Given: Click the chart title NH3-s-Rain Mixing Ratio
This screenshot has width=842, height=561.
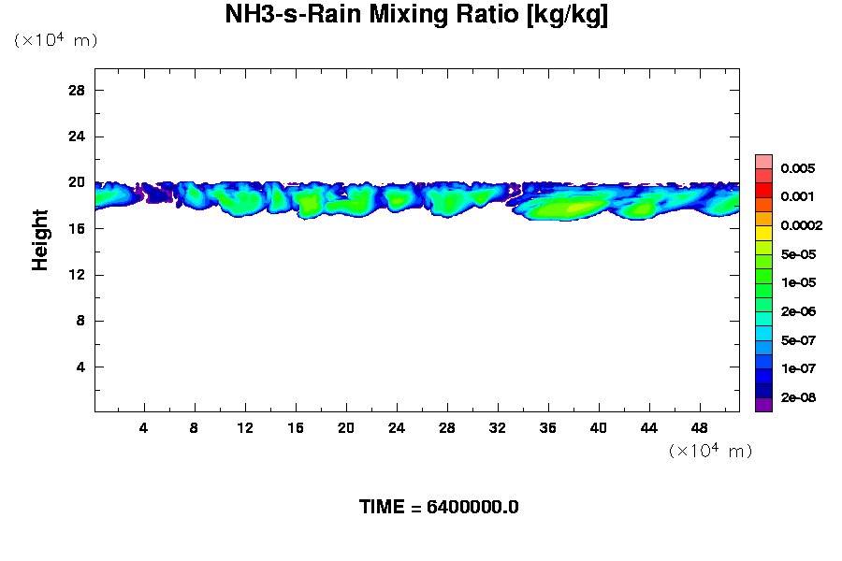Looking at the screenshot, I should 416,16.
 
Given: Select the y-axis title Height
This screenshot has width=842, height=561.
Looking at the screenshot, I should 40,240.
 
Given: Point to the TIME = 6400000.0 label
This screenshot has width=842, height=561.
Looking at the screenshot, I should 439,508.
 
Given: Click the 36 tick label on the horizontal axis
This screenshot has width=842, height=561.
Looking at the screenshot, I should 548,428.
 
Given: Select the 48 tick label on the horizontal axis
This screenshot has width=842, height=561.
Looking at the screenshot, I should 700,428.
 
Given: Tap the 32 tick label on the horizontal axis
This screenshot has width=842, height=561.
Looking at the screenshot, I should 498,428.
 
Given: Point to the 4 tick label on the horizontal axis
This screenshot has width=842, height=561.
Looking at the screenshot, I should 144,428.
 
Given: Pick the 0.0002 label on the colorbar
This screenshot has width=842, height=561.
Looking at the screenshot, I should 803,225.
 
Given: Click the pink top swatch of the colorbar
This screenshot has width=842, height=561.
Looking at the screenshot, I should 763,161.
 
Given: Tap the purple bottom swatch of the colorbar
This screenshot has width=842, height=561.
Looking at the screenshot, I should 763,405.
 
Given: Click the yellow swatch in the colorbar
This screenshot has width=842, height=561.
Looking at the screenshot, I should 763,233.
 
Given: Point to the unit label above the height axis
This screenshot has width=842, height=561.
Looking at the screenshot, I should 55,40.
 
